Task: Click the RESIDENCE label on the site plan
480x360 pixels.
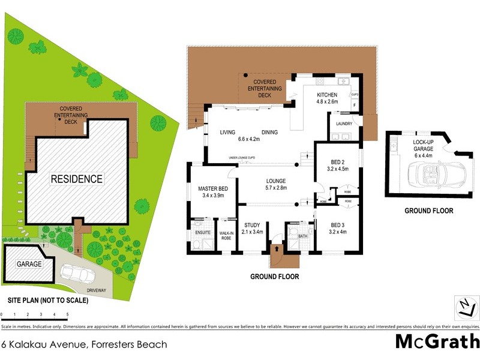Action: pos(76,179)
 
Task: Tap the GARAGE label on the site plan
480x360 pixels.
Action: pos(29,264)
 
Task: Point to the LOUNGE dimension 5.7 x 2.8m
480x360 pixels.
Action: pos(276,188)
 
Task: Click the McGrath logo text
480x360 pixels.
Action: pos(436,341)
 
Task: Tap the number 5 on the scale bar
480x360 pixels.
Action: pos(67,314)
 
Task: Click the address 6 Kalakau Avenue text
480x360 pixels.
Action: pos(84,344)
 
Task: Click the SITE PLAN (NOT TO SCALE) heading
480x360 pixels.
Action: pos(48,301)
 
